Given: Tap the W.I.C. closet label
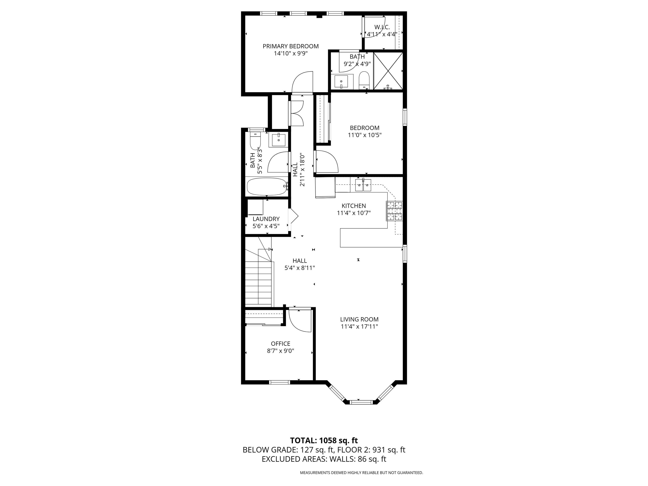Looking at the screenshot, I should (x=382, y=27).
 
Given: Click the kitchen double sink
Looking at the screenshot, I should (x=363, y=185).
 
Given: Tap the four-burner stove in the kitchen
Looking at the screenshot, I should (x=394, y=211).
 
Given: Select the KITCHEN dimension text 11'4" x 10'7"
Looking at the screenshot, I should (x=354, y=213).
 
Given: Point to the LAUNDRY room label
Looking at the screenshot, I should (x=266, y=219).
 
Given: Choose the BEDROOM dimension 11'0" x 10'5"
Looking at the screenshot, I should (x=364, y=135).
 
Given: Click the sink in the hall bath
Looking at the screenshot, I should (x=278, y=140).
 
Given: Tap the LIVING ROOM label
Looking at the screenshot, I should (x=359, y=319).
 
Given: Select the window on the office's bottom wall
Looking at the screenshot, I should (x=279, y=382).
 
